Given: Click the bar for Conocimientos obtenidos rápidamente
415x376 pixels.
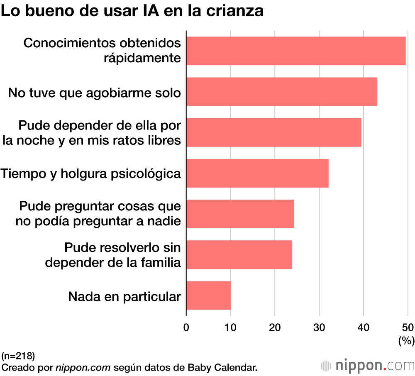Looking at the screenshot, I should [x=296, y=51].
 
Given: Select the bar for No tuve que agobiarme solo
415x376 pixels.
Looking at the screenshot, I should [x=282, y=91].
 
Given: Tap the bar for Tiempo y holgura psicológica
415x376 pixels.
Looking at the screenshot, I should [x=257, y=173].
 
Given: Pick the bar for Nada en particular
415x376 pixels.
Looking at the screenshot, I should [x=208, y=295].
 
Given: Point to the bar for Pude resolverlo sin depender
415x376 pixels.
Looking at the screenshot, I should [x=239, y=255].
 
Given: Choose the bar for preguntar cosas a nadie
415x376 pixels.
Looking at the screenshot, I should [x=240, y=214].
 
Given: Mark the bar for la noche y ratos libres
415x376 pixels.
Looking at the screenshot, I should [x=273, y=132].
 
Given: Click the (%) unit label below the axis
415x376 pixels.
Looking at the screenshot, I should [x=406, y=341].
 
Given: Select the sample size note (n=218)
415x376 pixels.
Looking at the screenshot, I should [x=18, y=356].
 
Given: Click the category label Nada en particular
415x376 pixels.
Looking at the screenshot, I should [x=124, y=297].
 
